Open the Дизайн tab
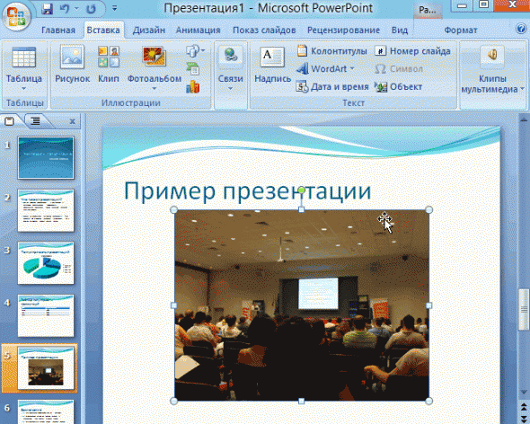coord(148,30)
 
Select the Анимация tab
coord(198,30)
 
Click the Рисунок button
coord(73,66)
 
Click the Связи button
coord(230,66)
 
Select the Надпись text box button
coord(272,66)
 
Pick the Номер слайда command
coord(412,51)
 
